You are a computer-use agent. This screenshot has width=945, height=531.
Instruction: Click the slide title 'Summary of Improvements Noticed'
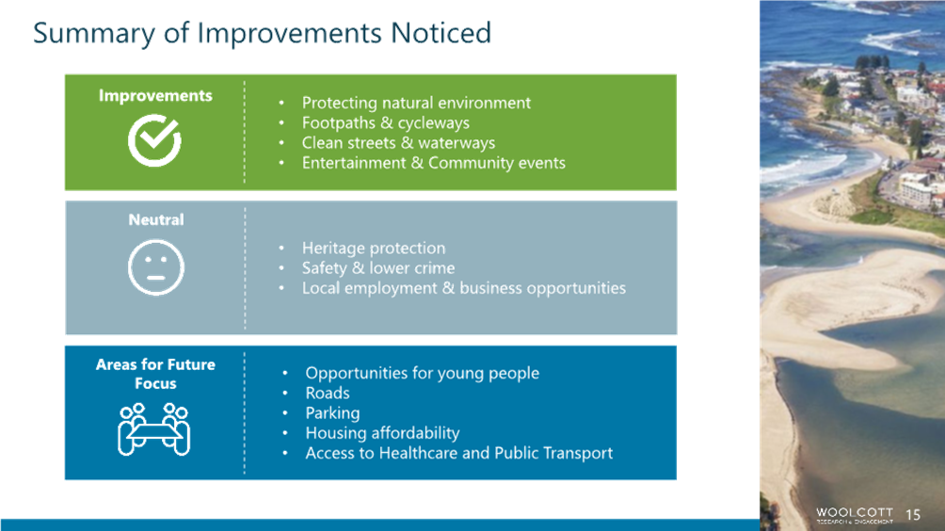[x=263, y=33]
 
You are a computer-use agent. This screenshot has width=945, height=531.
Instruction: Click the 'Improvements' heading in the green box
[x=155, y=96]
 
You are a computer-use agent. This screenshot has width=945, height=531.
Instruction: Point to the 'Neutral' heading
[x=156, y=220]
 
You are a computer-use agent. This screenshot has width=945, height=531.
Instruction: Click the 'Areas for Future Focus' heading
[x=155, y=374]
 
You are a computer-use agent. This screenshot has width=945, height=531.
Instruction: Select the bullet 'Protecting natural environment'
[x=416, y=103]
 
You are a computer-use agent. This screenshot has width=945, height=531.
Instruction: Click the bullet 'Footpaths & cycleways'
[x=386, y=123]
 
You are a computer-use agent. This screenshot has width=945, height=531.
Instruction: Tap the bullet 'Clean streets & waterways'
[x=398, y=143]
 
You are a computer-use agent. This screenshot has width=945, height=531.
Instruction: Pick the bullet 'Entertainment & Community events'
[x=433, y=163]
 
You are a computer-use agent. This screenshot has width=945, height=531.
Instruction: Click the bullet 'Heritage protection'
[x=374, y=249]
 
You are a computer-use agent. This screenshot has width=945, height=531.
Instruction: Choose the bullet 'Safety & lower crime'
[x=378, y=268]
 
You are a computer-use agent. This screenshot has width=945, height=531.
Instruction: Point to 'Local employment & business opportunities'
[x=464, y=288]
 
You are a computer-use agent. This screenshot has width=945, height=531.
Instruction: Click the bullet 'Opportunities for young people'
[x=422, y=373]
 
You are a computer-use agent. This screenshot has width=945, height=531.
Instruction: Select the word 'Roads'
[x=328, y=393]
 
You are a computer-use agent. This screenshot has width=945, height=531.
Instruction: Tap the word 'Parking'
[x=332, y=413]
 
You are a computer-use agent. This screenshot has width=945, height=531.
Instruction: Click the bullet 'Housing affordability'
[x=382, y=433]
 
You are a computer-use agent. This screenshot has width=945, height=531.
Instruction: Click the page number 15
[x=913, y=515]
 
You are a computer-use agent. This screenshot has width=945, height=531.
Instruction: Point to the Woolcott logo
[x=855, y=515]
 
